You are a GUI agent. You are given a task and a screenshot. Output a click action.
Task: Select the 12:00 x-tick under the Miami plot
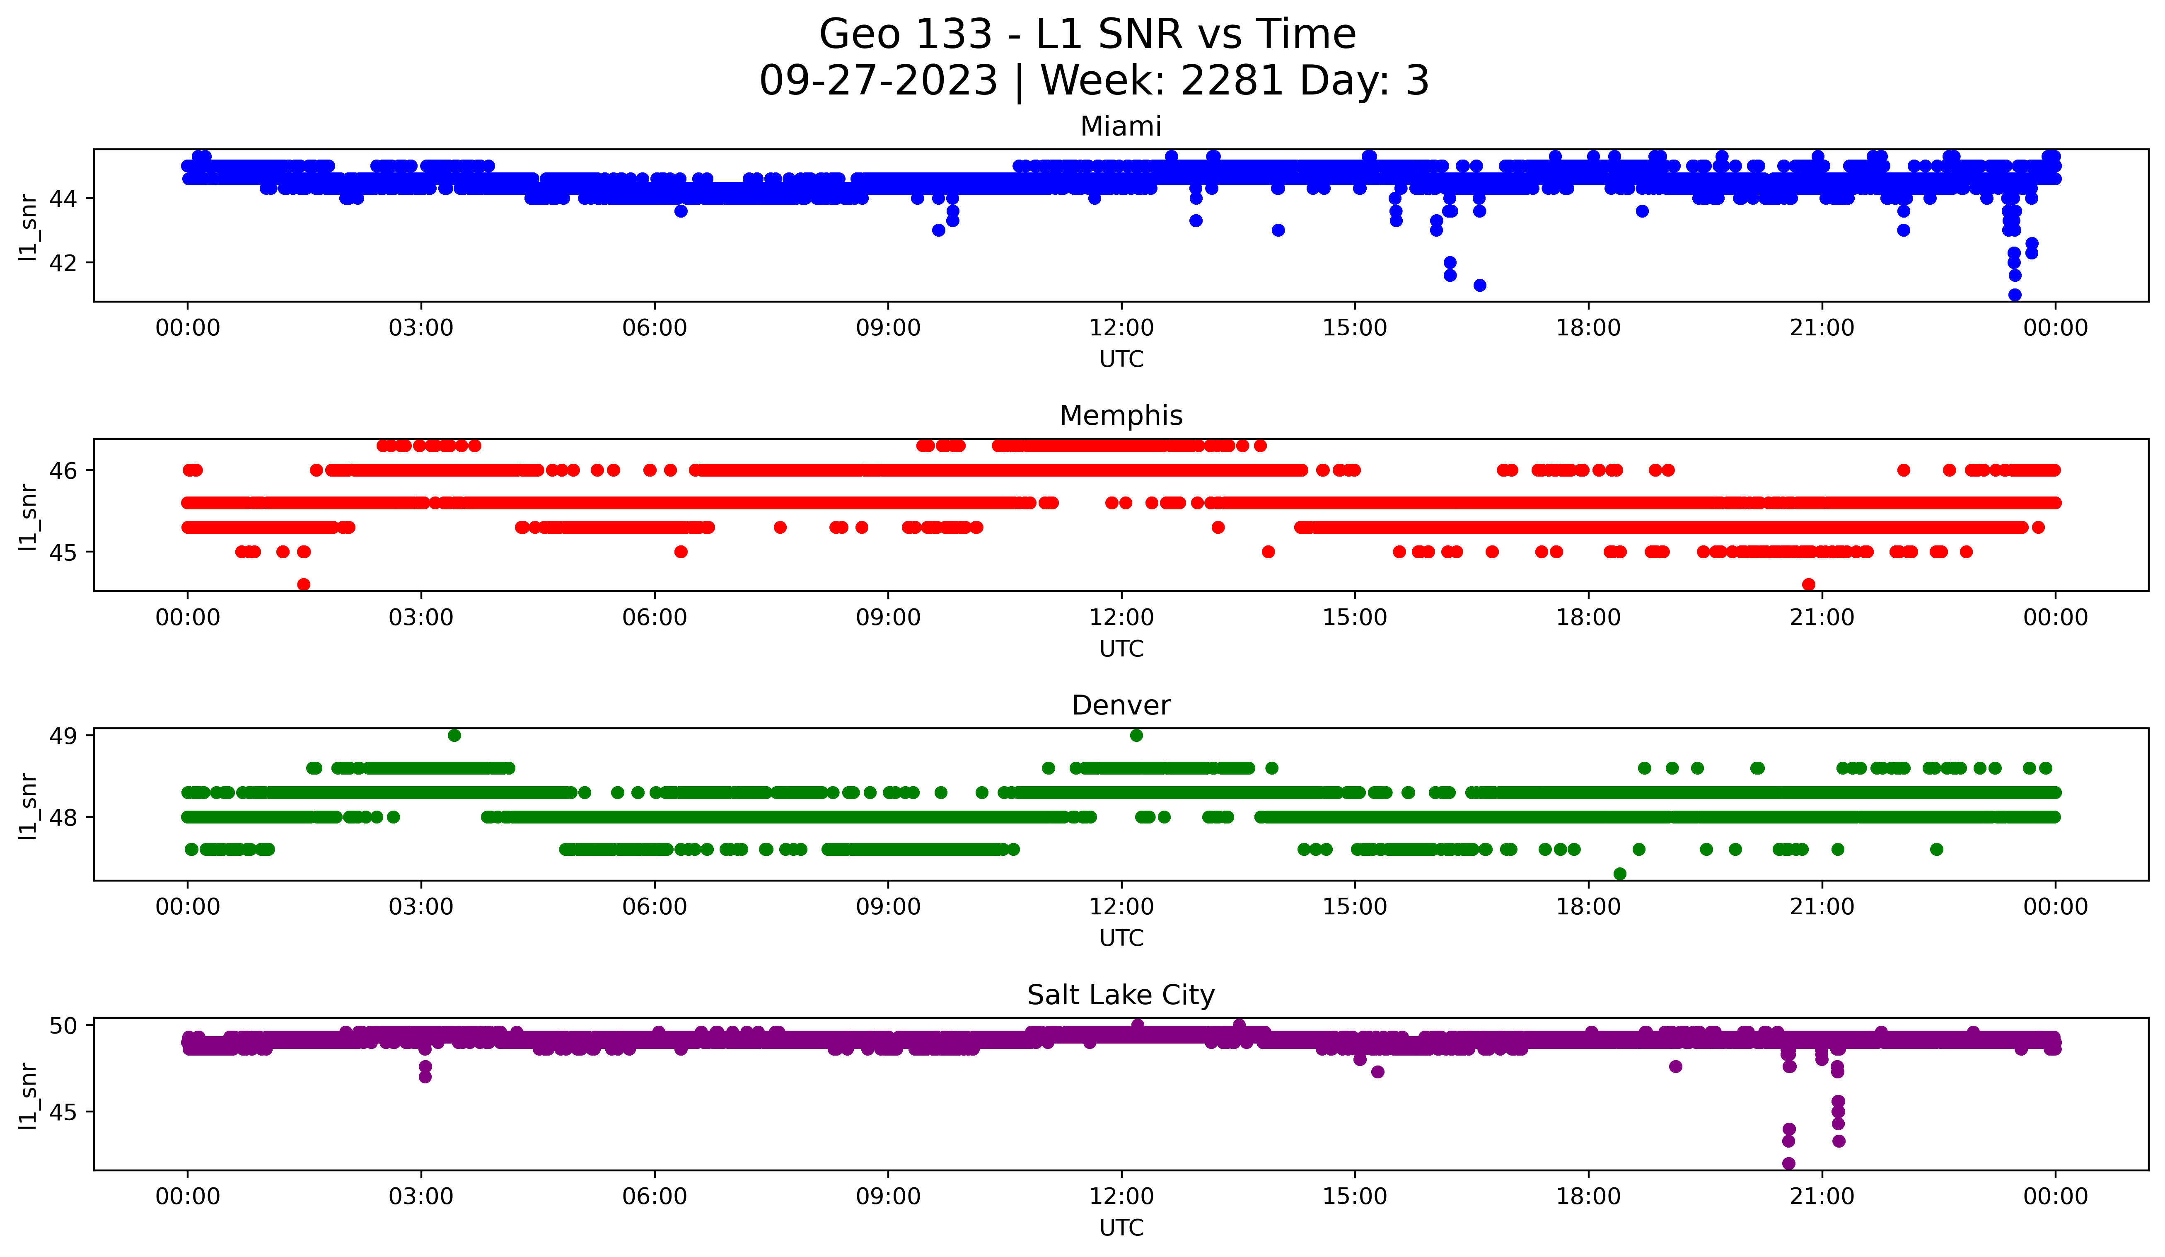[1121, 328]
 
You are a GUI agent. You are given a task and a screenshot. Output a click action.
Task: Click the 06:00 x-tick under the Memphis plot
[655, 618]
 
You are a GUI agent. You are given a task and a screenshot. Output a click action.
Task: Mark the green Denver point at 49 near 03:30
[454, 736]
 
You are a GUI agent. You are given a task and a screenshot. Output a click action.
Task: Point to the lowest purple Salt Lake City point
[1789, 1163]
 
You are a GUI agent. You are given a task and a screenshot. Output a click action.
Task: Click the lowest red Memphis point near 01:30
[303, 584]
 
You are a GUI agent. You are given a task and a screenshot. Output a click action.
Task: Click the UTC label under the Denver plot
[1121, 938]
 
